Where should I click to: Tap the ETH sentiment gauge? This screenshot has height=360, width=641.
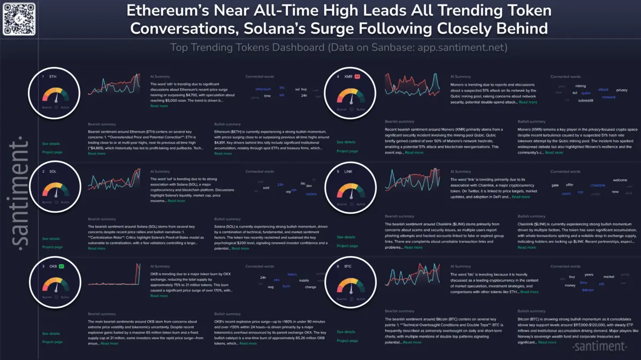coord(56,96)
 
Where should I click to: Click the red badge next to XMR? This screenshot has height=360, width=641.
coord(357,76)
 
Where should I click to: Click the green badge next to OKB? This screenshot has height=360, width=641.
coord(62,266)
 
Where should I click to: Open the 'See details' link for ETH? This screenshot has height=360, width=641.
coord(51,144)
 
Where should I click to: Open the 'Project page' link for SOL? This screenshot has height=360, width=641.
coord(52,247)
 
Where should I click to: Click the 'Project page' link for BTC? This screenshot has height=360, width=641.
coord(347,340)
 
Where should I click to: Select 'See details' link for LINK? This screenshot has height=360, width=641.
coord(346,237)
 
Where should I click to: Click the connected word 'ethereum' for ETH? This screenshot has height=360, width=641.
coord(263,89)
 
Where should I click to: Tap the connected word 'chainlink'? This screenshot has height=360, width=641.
coord(598,185)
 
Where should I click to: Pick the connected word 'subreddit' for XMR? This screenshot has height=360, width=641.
coord(585,100)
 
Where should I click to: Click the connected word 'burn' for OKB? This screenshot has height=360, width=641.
coord(286,286)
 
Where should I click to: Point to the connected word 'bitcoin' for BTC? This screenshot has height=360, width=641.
coord(587,290)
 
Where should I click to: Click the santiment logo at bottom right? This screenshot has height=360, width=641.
coord(599,347)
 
